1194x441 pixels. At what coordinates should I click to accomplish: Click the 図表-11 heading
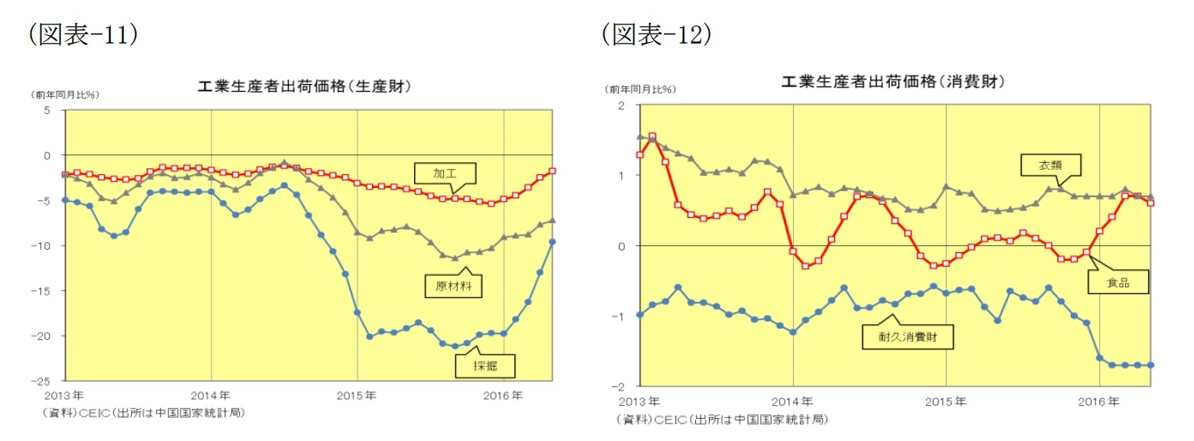point(83,34)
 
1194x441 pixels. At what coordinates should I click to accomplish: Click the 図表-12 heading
point(655,34)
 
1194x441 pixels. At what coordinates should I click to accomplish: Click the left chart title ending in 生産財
point(305,86)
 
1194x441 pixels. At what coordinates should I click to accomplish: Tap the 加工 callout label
point(444,173)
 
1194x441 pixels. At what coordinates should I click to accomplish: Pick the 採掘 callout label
point(484,366)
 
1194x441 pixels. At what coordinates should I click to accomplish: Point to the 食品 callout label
point(1117,283)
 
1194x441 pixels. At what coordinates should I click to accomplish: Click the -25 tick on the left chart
point(45,381)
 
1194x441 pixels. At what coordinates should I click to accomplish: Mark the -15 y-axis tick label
point(45,290)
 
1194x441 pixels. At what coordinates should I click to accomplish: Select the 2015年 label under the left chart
point(358,395)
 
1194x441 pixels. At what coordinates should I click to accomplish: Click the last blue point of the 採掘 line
point(552,242)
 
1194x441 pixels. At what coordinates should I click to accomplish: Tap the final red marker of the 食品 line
point(1150,203)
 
